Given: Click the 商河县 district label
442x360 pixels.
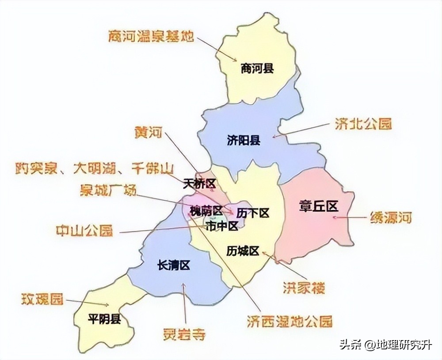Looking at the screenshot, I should pyautogui.click(x=257, y=69).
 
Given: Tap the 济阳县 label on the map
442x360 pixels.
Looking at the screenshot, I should pyautogui.click(x=244, y=141).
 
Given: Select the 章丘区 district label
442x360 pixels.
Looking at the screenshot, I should pyautogui.click(x=319, y=206).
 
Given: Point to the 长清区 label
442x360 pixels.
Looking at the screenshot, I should pyautogui.click(x=173, y=265).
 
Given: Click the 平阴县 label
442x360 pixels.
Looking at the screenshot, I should pyautogui.click(x=104, y=319).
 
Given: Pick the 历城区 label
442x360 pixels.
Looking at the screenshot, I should pyautogui.click(x=242, y=251).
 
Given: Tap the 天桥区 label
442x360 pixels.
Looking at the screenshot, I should pyautogui.click(x=198, y=184).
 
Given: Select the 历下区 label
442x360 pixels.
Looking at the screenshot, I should pyautogui.click(x=252, y=213).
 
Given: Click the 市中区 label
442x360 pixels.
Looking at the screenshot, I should pyautogui.click(x=222, y=226).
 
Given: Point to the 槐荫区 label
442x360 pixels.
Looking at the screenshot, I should pyautogui.click(x=206, y=210).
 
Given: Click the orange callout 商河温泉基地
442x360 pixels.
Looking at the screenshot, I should pyautogui.click(x=151, y=36).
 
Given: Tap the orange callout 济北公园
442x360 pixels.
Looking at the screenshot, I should pyautogui.click(x=364, y=123).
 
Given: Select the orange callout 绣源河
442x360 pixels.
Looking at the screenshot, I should pyautogui.click(x=390, y=218).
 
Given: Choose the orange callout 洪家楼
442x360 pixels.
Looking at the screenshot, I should pyautogui.click(x=304, y=287).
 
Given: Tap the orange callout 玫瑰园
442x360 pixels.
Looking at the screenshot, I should pyautogui.click(x=42, y=299).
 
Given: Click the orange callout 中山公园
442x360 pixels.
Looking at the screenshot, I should pyautogui.click(x=84, y=230).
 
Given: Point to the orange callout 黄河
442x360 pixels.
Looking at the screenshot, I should pyautogui.click(x=149, y=132).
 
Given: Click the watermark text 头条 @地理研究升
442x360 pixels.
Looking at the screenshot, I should pyautogui.click(x=385, y=345).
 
